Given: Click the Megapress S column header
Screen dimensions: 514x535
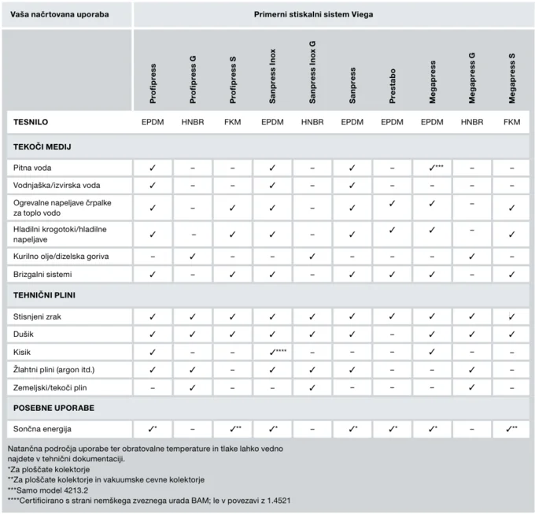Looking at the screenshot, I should tap(511, 79).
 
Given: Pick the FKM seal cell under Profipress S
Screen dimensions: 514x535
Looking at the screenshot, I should tap(233, 122).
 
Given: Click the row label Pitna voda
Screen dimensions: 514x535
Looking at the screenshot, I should tap(33, 168).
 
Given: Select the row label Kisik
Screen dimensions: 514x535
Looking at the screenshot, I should tap(22, 352).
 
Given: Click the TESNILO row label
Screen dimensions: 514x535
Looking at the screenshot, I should tap(31, 122).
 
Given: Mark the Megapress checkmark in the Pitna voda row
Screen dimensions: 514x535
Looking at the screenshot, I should tap(432, 168).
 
